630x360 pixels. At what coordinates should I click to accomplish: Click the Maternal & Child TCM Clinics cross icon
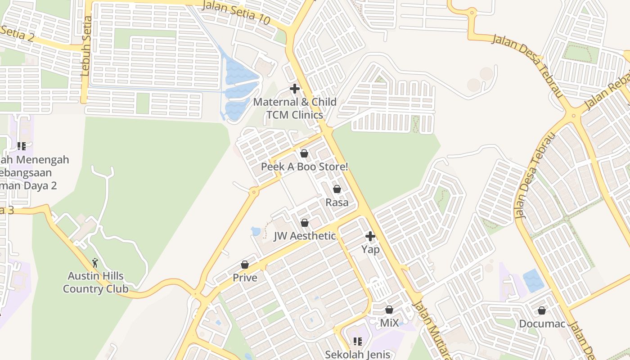point(295,89)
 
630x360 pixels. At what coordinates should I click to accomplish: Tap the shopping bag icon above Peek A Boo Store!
point(304,153)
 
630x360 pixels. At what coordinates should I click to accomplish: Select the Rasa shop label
point(337,202)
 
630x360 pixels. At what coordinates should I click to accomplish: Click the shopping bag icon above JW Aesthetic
point(305,223)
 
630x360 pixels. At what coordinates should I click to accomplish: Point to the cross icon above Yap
point(370,236)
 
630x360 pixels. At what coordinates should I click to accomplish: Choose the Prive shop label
point(245,278)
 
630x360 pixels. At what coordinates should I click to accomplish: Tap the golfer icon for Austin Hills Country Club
point(95,263)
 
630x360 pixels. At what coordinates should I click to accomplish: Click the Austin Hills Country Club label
point(95,282)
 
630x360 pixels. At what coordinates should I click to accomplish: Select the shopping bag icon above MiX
point(389,310)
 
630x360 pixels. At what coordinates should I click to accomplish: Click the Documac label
point(542,324)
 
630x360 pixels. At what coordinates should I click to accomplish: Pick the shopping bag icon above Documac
point(542,310)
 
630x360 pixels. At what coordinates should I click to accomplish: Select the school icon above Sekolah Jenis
point(358,341)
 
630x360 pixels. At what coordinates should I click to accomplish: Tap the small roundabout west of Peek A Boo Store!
point(254,192)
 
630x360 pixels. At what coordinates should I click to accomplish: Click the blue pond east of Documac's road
point(533,280)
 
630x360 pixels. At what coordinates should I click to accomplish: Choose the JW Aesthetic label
point(305,236)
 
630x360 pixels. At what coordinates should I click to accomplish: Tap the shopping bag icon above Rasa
point(337,189)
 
